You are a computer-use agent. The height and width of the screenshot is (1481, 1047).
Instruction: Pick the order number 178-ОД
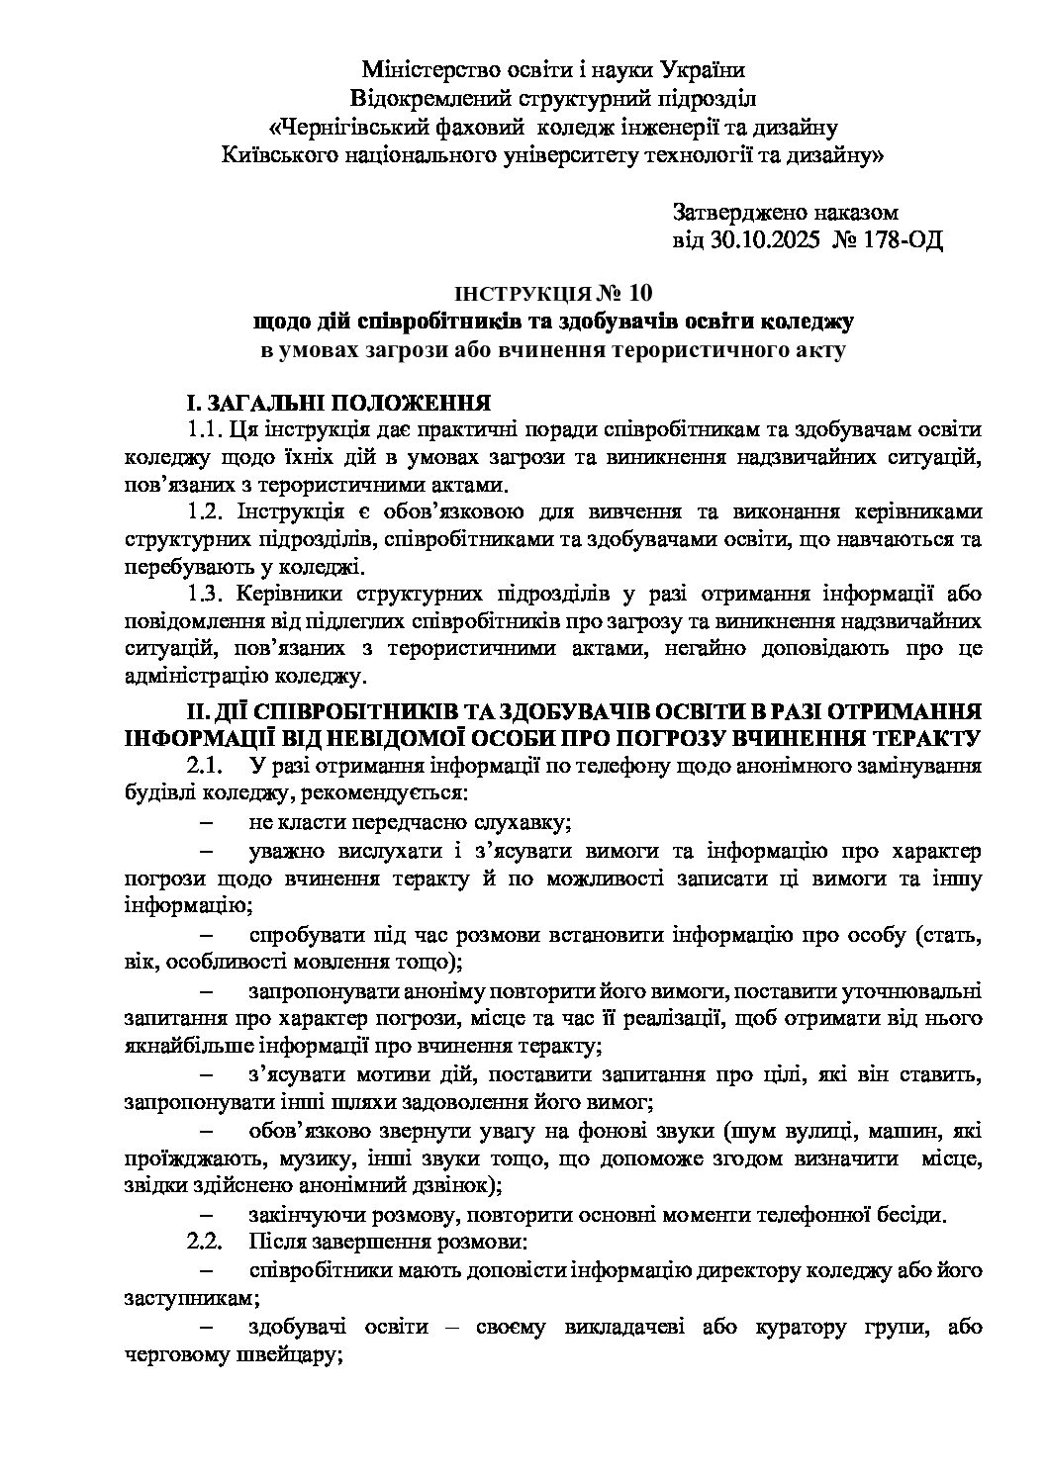click(904, 239)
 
